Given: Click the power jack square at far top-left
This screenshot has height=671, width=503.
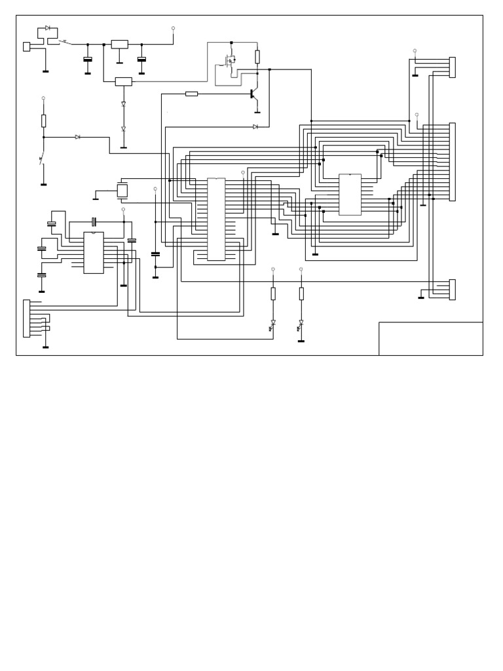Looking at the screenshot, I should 26,47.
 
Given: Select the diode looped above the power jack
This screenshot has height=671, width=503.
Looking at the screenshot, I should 48,28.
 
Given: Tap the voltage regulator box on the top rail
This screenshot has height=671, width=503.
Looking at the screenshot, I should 119,44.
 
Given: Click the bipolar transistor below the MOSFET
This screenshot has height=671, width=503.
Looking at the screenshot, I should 253,94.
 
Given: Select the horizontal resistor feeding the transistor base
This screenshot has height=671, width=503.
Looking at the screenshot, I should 191,94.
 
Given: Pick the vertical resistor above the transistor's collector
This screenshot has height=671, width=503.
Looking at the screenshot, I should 257,56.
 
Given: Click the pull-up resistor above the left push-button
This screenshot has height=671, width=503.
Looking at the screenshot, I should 44,121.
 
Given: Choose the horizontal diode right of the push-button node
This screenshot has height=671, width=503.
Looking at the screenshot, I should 78,137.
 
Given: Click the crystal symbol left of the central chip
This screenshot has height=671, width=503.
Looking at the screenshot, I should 122,191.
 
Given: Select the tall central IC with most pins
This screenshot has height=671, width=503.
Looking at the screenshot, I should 216,219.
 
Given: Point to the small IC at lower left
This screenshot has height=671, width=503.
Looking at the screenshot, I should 93,252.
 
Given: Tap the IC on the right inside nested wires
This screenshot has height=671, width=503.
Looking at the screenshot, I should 350,195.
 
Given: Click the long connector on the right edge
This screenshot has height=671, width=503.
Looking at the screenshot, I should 452,161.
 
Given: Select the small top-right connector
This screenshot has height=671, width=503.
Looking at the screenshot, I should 452,67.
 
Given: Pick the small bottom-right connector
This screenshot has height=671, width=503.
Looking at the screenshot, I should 452,289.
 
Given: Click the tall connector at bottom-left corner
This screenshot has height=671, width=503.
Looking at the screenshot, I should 26,318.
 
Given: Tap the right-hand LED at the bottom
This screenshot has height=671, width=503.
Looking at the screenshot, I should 301,324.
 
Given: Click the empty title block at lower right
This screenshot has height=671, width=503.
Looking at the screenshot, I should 430,339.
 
